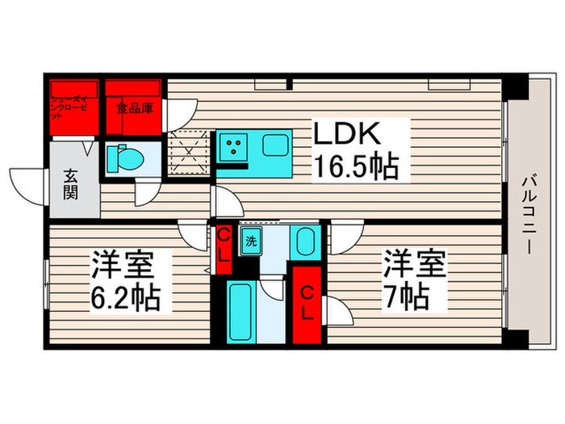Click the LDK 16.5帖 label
[355, 149]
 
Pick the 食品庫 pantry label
[134, 107]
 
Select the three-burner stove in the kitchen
[234, 145]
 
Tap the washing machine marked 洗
[251, 241]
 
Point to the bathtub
[243, 310]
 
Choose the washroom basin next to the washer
[303, 241]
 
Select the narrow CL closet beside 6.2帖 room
[224, 248]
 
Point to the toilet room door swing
[146, 192]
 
